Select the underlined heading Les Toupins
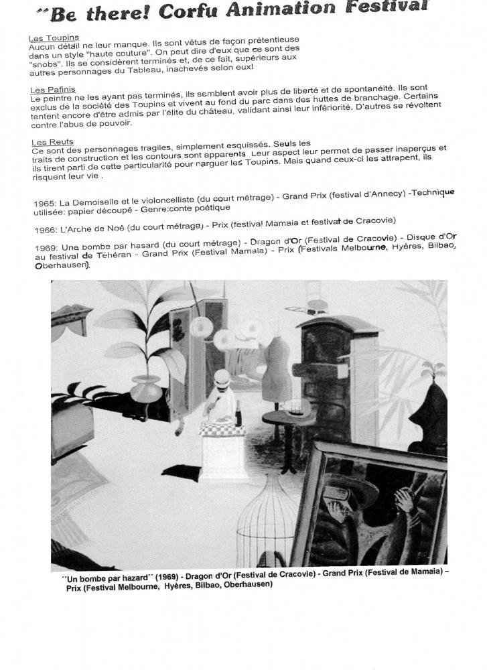[53, 38]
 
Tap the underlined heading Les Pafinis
[52, 90]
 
